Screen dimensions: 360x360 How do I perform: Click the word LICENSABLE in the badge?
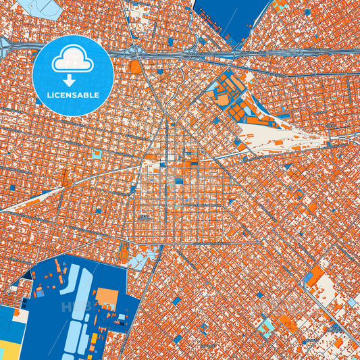[73, 95]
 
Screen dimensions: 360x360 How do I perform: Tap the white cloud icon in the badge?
[73, 59]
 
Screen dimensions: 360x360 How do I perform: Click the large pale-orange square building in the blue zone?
[107, 298]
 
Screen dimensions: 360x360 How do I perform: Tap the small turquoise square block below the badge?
[97, 155]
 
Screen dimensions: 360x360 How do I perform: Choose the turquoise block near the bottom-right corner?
[266, 328]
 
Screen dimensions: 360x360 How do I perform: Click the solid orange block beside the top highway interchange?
[136, 67]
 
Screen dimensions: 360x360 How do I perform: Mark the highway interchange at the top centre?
[139, 53]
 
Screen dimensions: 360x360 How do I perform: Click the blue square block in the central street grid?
[179, 181]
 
